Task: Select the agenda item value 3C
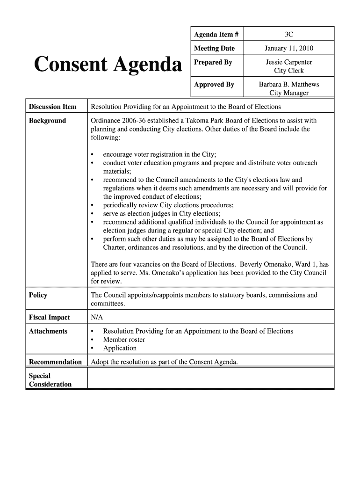pyautogui.click(x=288, y=35)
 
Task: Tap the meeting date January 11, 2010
pyautogui.click(x=288, y=48)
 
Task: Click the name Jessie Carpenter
pyautogui.click(x=288, y=62)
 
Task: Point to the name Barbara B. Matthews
pyautogui.click(x=288, y=85)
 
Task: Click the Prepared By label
pyautogui.click(x=213, y=62)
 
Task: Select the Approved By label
pyautogui.click(x=214, y=85)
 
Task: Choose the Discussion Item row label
pyautogui.click(x=52, y=107)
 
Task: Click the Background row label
pyautogui.click(x=47, y=121)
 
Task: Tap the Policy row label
pyautogui.click(x=38, y=295)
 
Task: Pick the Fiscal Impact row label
pyautogui.click(x=49, y=318)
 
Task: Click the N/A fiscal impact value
pyautogui.click(x=96, y=318)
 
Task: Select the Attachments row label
pyautogui.click(x=48, y=331)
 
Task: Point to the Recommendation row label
pyautogui.click(x=55, y=362)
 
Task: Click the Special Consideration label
pyautogui.click(x=50, y=380)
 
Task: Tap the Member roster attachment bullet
pyautogui.click(x=124, y=340)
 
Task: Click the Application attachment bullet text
pyautogui.click(x=120, y=348)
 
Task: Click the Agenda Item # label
pyautogui.click(x=216, y=35)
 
